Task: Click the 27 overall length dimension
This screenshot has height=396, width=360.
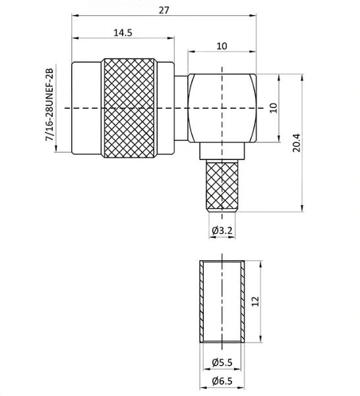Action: (x=164, y=11)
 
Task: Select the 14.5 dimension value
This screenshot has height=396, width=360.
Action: (x=123, y=33)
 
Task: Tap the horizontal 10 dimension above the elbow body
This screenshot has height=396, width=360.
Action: (x=222, y=46)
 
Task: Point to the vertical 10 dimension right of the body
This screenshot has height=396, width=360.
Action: (x=274, y=108)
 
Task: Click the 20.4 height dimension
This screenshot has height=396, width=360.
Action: (x=297, y=143)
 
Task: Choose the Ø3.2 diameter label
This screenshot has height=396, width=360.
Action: (x=222, y=231)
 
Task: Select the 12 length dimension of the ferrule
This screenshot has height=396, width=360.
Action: (x=255, y=301)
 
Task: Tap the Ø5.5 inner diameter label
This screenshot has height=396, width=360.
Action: (x=222, y=362)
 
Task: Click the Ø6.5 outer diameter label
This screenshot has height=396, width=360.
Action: (x=222, y=381)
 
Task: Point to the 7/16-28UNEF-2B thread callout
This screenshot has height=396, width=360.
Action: (x=49, y=105)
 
